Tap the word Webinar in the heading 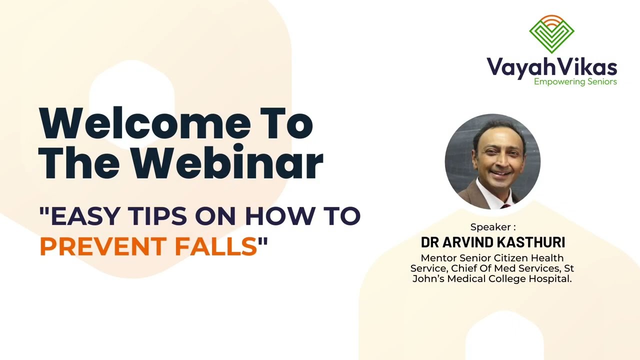pos(227,162)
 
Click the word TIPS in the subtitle pos(157,215)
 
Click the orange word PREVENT pos(103,246)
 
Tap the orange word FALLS pos(215,246)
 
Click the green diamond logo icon pos(551,34)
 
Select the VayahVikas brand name pos(551,67)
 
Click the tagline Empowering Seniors pos(575,81)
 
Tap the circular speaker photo pos(492,161)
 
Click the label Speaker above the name pos(492,227)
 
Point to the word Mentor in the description pos(437,258)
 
